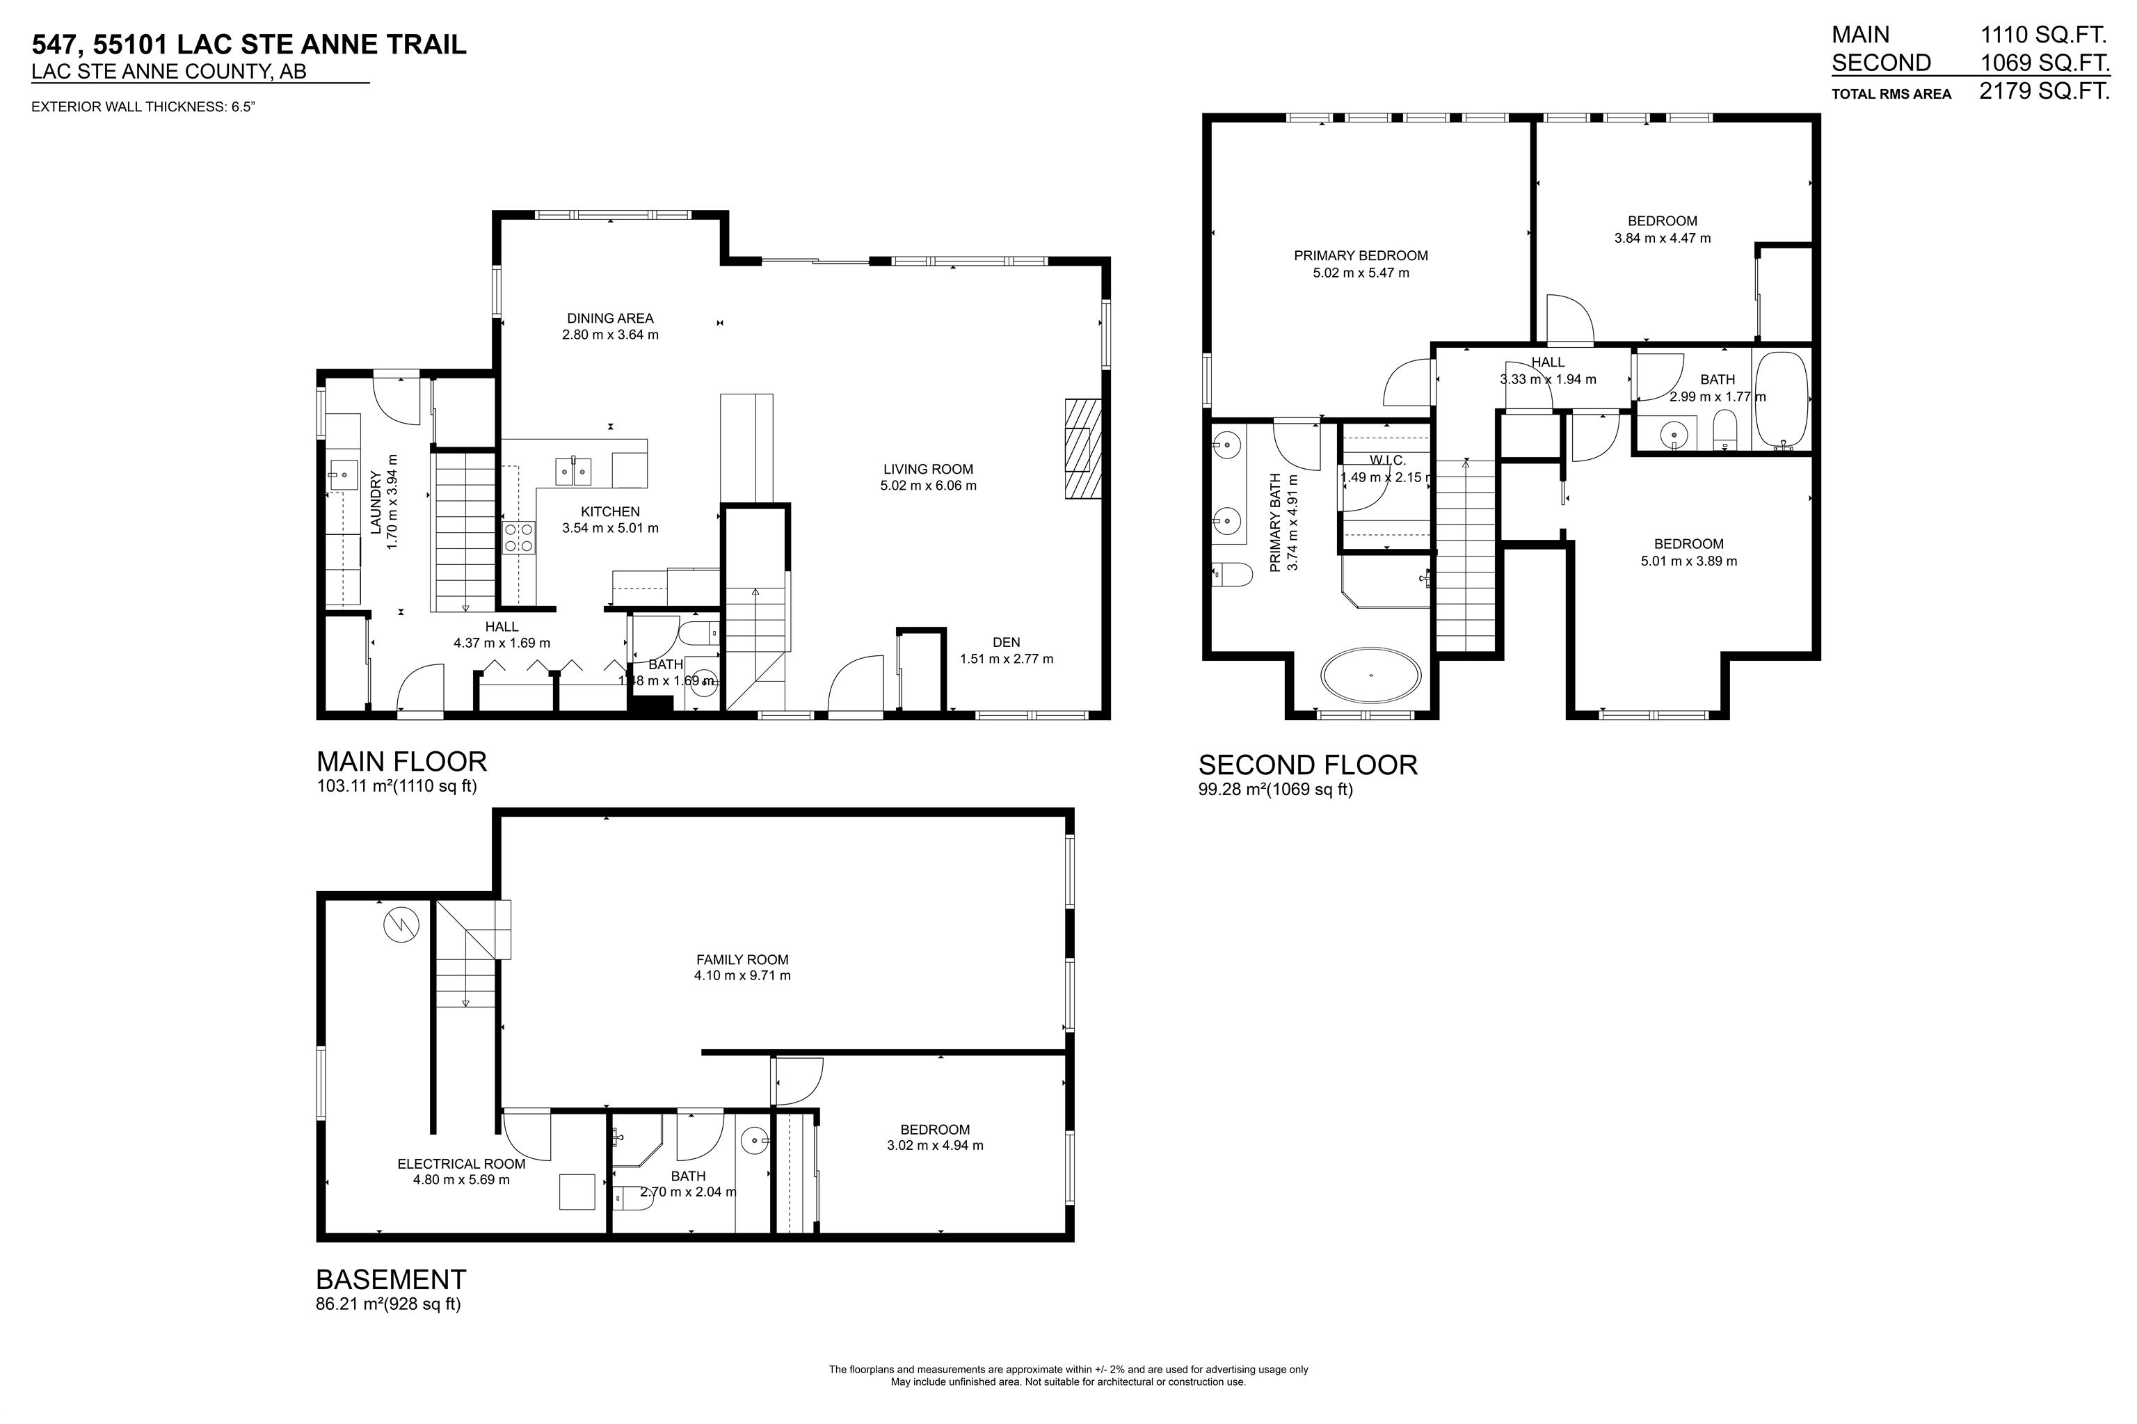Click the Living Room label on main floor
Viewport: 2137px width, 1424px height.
pos(927,469)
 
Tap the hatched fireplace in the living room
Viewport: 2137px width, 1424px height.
pos(1082,449)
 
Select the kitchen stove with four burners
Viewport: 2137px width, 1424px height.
pos(518,537)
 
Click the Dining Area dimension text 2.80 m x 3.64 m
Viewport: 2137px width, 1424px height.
pos(609,334)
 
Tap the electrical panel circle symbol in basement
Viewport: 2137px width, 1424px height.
pos(401,925)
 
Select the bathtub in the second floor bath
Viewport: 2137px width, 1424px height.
pos(1780,399)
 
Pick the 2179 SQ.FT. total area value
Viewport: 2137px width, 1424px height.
pos(2044,91)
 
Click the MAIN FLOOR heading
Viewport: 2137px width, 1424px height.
pos(401,760)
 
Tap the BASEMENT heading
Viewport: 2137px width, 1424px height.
pos(390,1279)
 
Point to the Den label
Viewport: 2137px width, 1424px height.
pos(1005,642)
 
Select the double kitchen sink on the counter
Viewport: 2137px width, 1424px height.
pos(573,470)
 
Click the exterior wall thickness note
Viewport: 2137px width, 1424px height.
pos(143,107)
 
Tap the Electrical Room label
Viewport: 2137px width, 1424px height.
pos(461,1163)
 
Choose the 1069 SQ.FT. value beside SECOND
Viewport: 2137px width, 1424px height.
pos(2044,63)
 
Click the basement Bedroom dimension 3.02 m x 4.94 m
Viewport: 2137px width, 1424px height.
pos(934,1145)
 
